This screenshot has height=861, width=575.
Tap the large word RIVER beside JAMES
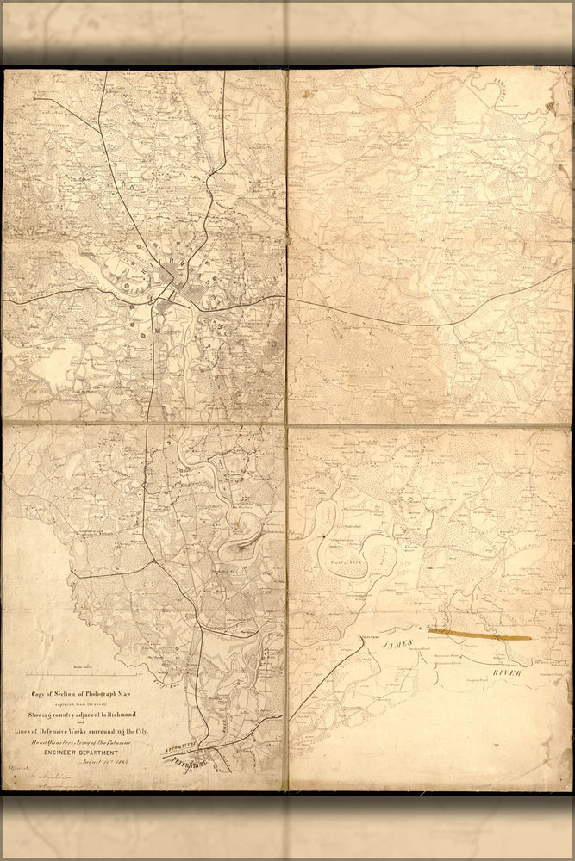coord(508,672)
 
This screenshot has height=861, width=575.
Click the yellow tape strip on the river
coord(479,635)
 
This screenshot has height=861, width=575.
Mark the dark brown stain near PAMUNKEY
coord(549,107)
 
